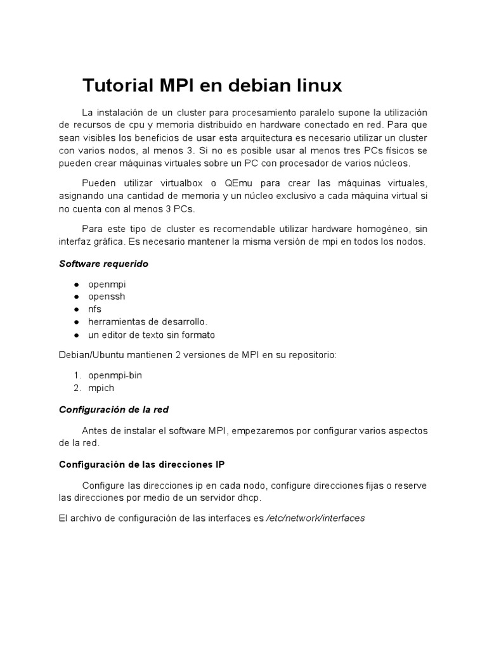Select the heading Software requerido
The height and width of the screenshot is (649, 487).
pyautogui.click(x=103, y=264)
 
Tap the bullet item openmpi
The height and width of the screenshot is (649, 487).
pyautogui.click(x=107, y=284)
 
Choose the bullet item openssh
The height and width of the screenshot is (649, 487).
pyautogui.click(x=107, y=297)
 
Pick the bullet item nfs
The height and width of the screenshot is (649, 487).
pyautogui.click(x=94, y=309)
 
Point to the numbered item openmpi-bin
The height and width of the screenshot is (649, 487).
pyautogui.click(x=115, y=375)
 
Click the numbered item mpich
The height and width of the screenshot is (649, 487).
pyautogui.click(x=101, y=388)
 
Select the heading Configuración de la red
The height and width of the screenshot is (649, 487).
pyautogui.click(x=114, y=409)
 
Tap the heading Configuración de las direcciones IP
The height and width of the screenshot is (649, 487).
pyautogui.click(x=141, y=464)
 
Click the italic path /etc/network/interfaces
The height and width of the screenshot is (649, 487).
pyautogui.click(x=315, y=518)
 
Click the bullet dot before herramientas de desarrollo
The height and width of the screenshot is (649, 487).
pyautogui.click(x=76, y=322)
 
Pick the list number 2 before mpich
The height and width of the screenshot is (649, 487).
pyautogui.click(x=77, y=388)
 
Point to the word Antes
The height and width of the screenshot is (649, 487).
pyautogui.click(x=94, y=431)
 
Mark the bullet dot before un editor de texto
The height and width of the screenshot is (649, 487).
pyautogui.click(x=76, y=335)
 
